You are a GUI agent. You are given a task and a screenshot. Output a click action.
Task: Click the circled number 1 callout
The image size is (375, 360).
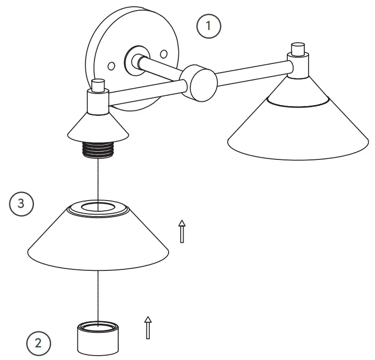209,26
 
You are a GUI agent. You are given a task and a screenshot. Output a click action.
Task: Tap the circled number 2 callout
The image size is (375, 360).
38,343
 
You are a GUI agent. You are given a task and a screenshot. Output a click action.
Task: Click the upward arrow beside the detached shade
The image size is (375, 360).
182,231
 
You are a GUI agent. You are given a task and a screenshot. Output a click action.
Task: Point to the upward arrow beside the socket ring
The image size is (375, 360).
148,328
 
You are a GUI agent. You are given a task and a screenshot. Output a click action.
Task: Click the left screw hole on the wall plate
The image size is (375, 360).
111,64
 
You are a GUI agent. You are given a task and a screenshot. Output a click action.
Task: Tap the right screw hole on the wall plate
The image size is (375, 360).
164,52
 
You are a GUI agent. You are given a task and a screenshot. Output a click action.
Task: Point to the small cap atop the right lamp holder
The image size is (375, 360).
297,49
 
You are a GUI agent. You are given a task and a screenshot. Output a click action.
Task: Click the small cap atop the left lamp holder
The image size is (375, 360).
98,85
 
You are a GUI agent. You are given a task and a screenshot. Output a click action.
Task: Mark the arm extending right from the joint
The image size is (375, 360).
252,66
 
